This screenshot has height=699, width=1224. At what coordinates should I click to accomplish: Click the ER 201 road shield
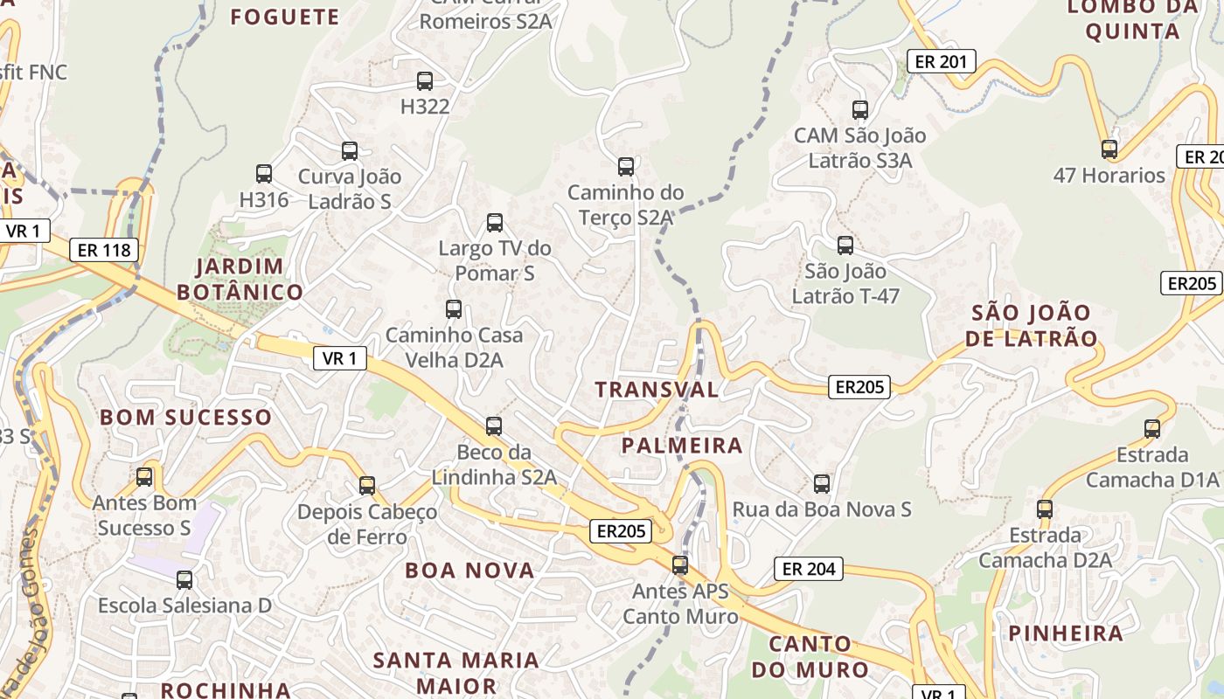click(941, 61)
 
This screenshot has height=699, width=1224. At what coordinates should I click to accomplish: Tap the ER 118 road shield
click(104, 250)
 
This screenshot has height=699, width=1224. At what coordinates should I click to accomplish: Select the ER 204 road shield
click(809, 569)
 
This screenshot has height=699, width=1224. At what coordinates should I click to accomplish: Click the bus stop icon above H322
click(425, 81)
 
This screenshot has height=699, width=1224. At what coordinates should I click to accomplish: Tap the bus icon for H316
click(264, 174)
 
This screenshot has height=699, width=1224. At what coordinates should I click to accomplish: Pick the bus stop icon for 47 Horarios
click(1109, 149)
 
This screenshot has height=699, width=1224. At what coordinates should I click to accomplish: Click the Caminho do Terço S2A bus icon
click(626, 166)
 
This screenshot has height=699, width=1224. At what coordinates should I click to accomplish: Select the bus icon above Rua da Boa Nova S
click(822, 483)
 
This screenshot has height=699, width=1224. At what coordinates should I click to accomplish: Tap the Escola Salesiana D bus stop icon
click(184, 579)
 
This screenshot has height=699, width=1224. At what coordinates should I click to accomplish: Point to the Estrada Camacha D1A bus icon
click(1152, 429)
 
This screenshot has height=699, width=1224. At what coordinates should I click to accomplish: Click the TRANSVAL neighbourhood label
click(657, 390)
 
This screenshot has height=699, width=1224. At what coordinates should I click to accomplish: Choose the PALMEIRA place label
click(682, 446)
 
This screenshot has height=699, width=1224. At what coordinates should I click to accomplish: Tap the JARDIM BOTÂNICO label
click(240, 279)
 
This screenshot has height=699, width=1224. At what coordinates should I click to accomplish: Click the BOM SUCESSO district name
click(186, 417)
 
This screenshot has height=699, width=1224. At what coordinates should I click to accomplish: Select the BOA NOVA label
click(469, 571)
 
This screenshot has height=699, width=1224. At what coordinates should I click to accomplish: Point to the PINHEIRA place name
click(1066, 633)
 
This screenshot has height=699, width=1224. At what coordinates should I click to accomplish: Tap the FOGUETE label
click(284, 17)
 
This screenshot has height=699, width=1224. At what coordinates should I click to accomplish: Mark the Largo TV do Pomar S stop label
click(495, 260)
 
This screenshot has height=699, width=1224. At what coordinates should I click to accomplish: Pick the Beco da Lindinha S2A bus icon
click(494, 426)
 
